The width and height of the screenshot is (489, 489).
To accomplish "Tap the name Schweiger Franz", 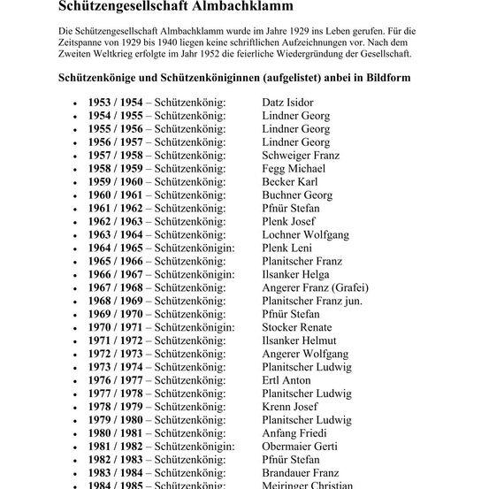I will click(x=301, y=156).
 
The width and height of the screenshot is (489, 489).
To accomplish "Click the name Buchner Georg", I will click(x=297, y=195).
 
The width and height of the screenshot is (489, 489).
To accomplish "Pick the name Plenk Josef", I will click(x=287, y=221).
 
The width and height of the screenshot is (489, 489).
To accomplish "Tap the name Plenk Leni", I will click(x=287, y=248).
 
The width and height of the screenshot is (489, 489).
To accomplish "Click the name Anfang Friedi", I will click(x=294, y=433).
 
